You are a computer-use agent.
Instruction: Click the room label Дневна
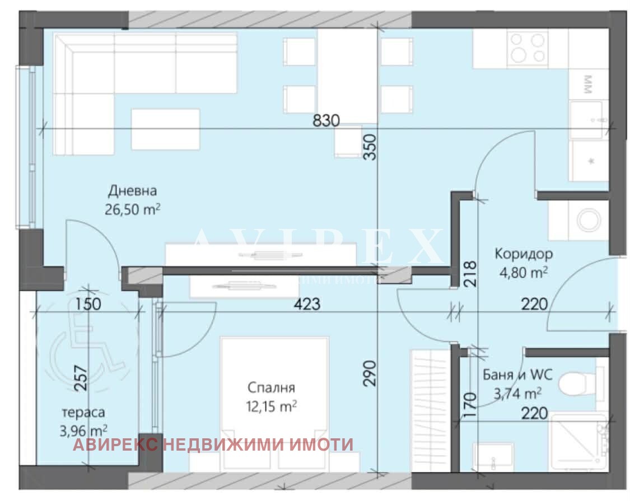pos(133,191)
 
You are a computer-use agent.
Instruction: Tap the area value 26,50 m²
pos(133,209)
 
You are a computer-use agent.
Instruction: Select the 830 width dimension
pos(327,120)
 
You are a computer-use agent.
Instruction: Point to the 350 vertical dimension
pos(368,148)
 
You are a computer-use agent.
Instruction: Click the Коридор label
pos(523,254)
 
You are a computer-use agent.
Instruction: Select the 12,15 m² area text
pos(272,406)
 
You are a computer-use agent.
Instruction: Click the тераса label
pos(83,412)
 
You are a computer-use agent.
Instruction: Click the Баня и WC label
pos(517,375)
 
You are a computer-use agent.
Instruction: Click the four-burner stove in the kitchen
pos(528,48)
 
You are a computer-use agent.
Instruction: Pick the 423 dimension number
pos(307,304)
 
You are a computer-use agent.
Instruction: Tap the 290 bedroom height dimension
pos(370,373)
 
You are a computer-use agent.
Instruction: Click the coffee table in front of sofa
pos(165,129)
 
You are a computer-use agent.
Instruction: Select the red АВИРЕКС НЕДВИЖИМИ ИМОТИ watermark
pos(213,445)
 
